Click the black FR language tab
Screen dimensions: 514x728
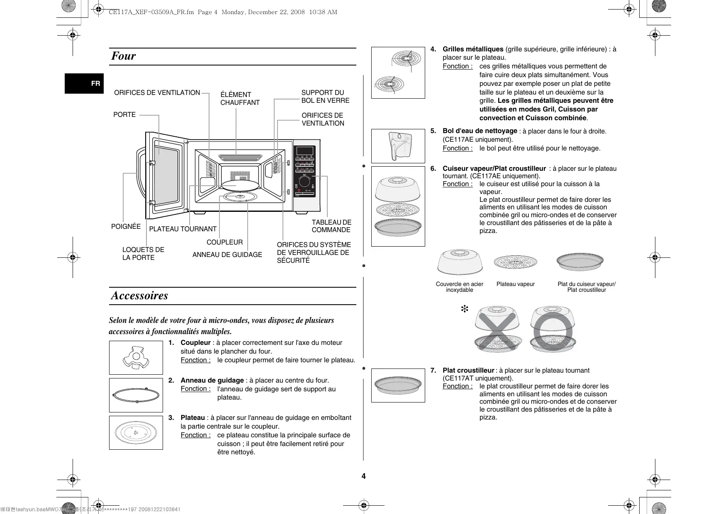[84, 83]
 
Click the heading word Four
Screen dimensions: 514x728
[124, 56]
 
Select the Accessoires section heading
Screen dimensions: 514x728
[139, 296]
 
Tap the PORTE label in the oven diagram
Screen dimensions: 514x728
[124, 115]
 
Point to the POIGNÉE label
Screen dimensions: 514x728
[126, 226]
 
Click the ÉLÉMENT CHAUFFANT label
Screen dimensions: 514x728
[240, 99]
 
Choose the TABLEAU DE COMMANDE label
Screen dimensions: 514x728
[331, 226]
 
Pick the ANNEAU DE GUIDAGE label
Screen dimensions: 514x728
[227, 255]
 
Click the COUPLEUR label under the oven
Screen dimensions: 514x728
[224, 242]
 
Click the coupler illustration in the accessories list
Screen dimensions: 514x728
[136, 358]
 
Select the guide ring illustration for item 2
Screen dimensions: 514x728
[136, 395]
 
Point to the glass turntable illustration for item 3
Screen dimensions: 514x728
[136, 433]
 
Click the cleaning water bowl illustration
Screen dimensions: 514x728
[398, 146]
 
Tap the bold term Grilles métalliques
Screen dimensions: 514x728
[473, 49]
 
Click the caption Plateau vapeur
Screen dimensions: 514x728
[515, 284]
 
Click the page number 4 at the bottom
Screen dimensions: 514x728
[363, 476]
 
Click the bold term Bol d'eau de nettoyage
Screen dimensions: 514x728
[480, 131]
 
